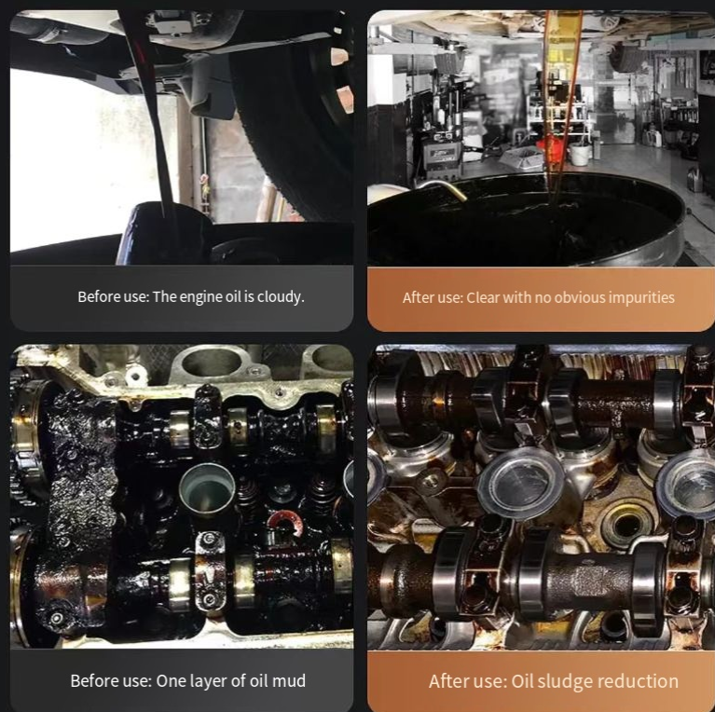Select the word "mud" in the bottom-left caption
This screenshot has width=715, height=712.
[289, 680]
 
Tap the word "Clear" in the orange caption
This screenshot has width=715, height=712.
[483, 297]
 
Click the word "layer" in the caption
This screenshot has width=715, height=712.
[208, 681]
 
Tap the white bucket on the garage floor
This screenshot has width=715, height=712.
[580, 154]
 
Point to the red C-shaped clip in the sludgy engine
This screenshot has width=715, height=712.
[285, 522]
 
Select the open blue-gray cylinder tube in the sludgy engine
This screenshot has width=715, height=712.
[207, 487]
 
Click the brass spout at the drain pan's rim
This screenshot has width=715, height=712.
[444, 188]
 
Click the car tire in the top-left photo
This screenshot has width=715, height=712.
[292, 114]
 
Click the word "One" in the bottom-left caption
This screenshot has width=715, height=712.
[167, 680]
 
